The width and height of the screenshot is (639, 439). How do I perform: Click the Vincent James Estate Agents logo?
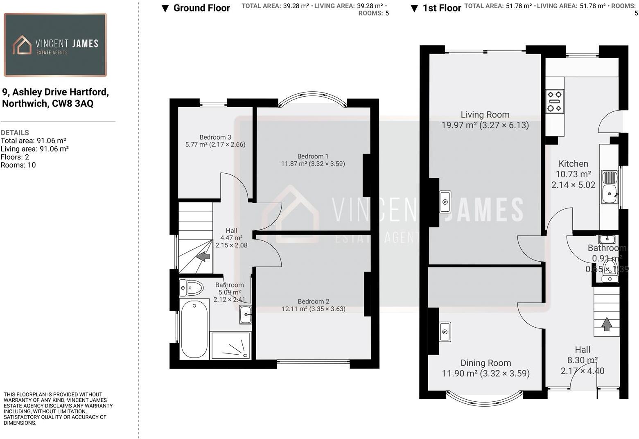pyautogui.click(x=55, y=45)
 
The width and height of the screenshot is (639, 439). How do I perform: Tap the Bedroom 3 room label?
pyautogui.click(x=215, y=141)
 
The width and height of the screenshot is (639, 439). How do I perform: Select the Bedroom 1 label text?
pyautogui.click(x=313, y=160)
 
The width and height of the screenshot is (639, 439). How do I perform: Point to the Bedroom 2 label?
pyautogui.click(x=313, y=305)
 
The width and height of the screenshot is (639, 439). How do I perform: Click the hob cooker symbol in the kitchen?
pyautogui.click(x=555, y=101)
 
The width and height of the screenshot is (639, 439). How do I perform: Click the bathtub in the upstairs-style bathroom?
pyautogui.click(x=194, y=329)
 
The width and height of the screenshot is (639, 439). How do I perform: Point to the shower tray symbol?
pyautogui.click(x=230, y=345)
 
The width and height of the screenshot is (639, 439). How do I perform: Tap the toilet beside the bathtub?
pyautogui.click(x=192, y=288)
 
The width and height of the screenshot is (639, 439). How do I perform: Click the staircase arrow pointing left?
pyautogui.click(x=203, y=257)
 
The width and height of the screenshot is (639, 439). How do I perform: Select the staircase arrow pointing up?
pyautogui.click(x=606, y=324)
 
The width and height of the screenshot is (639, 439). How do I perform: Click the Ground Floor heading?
pyautogui.click(x=201, y=8)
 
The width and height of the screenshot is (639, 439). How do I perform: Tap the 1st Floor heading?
pyautogui.click(x=441, y=8)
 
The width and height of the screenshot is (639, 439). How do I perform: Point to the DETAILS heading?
pyautogui.click(x=15, y=133)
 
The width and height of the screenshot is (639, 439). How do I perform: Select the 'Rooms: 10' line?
pyautogui.click(x=18, y=165)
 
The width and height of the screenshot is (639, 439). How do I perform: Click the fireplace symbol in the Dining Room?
pyautogui.click(x=445, y=331)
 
